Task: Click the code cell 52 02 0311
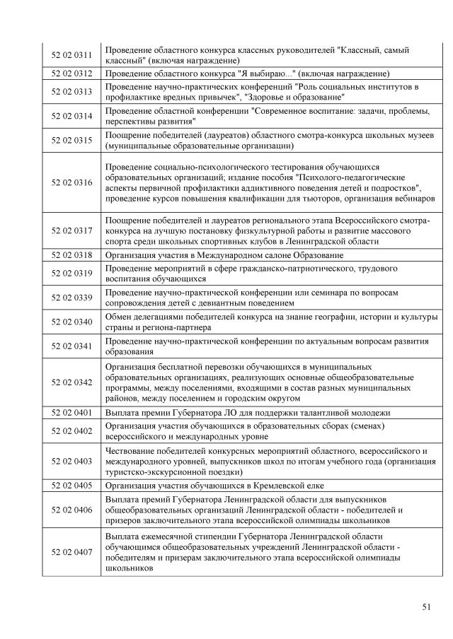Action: pos(71,55)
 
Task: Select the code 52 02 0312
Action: pos(71,74)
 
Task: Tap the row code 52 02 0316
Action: pos(71,182)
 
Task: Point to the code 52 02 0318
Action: pos(71,254)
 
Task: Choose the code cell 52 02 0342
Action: pos(71,382)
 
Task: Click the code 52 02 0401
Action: pos(71,412)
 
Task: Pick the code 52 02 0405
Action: pos(71,486)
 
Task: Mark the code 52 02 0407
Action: pos(71,551)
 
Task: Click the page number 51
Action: pos(426,606)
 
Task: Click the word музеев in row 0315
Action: pos(419,135)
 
